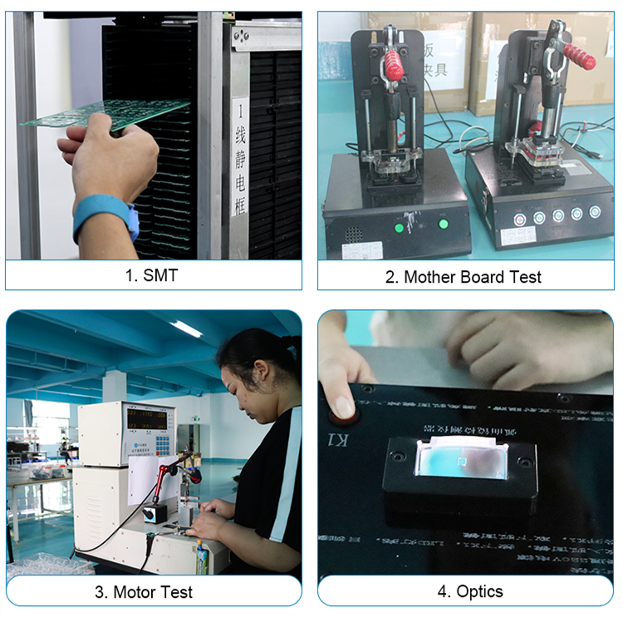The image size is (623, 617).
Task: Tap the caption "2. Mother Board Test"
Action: coord(463,277)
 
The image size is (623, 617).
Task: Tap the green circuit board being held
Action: coord(116,113)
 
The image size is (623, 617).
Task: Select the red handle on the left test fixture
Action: coord(391,62)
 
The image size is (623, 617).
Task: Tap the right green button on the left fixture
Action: coord(443,222)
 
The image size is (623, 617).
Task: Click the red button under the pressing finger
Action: coord(341,407)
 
